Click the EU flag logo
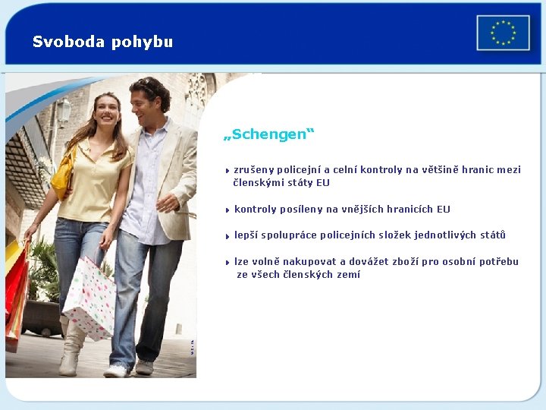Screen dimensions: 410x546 click(x=503, y=33)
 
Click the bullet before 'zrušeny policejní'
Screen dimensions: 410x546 click(x=227, y=170)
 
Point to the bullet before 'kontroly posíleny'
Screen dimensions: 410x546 click(x=227, y=210)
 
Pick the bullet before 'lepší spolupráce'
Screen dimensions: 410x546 click(x=227, y=235)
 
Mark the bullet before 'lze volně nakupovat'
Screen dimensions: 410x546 click(x=227, y=262)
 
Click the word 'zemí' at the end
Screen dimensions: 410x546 click(x=348, y=275)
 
